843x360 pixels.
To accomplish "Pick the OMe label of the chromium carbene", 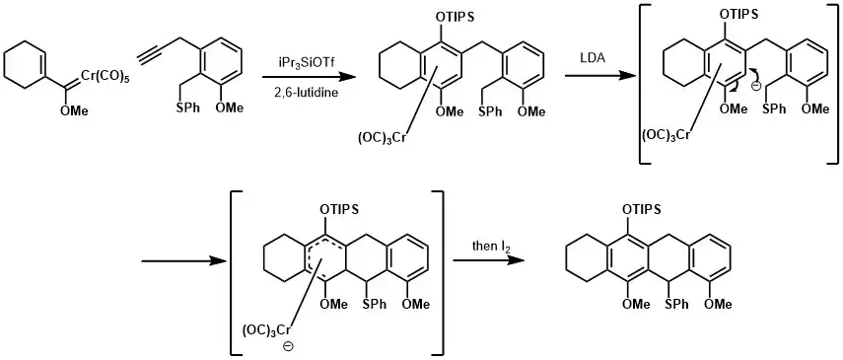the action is pos(74,110).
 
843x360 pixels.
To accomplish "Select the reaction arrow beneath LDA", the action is pos(598,76).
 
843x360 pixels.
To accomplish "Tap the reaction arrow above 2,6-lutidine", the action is pos(309,76).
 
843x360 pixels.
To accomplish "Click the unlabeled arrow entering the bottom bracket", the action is pos(181,261).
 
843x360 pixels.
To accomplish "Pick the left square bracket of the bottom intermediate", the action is pos(235,272).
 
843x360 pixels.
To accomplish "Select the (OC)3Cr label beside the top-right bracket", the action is pos(666,135).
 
